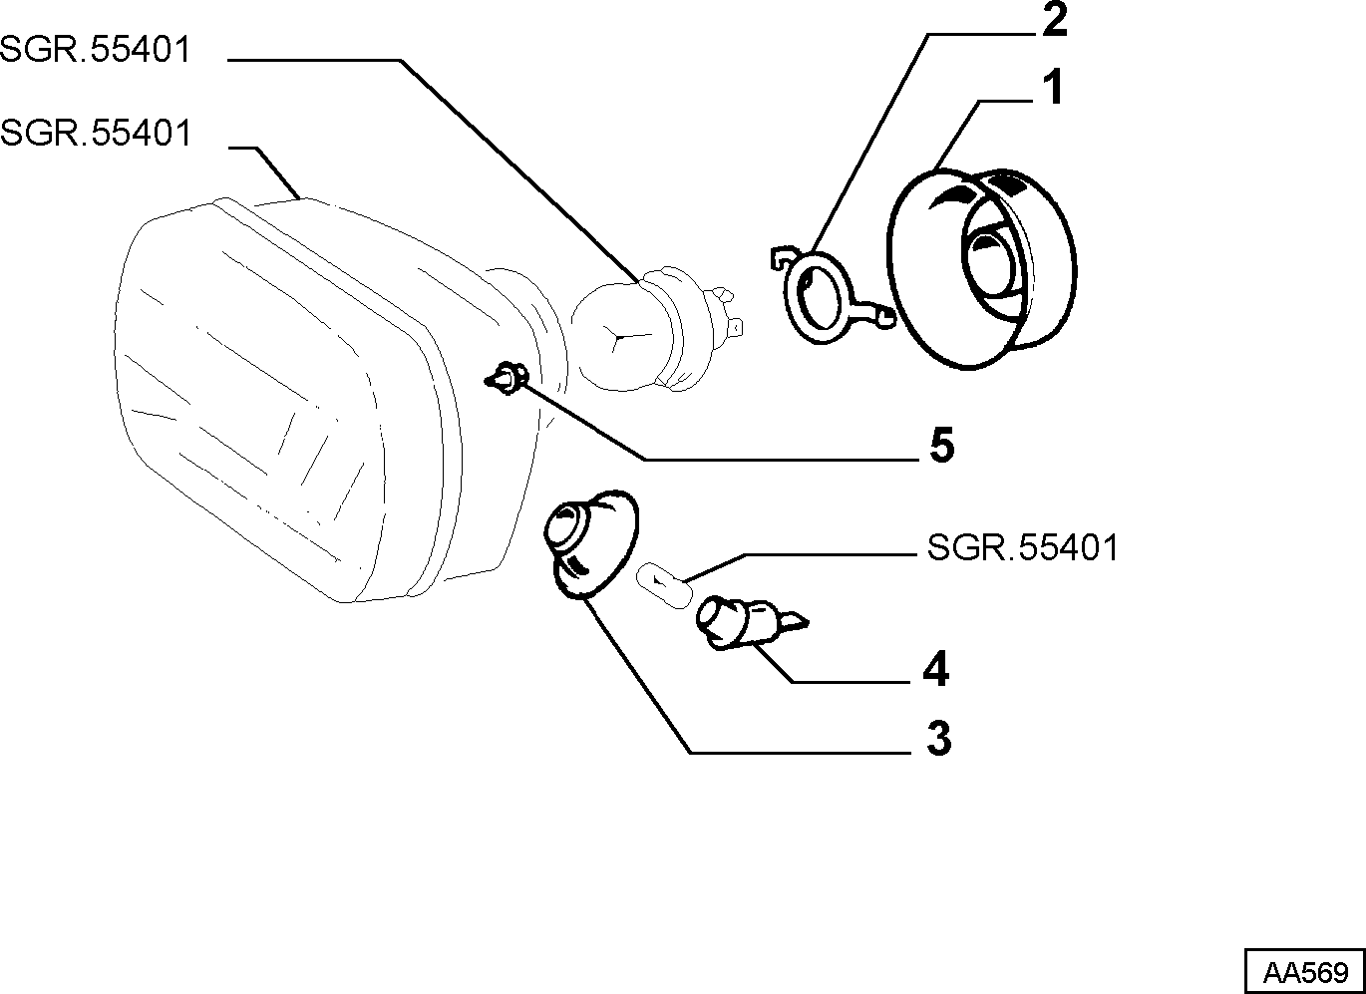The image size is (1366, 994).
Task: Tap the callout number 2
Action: [x=1054, y=20]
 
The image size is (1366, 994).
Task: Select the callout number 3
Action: [x=939, y=739]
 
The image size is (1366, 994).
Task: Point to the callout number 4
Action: [x=936, y=669]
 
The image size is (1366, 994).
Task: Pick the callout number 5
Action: [x=941, y=446]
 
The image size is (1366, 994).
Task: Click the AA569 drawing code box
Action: [x=1305, y=972]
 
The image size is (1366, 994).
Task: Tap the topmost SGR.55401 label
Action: [x=95, y=49]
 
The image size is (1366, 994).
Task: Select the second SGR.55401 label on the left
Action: [x=95, y=133]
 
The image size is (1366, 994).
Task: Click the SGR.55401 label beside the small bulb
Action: [x=1023, y=547]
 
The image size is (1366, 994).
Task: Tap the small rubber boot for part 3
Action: [x=590, y=544]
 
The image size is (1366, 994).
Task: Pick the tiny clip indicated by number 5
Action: [x=506, y=378]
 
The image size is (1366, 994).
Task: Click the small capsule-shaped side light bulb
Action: [x=665, y=585]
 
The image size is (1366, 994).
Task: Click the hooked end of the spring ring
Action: [x=781, y=256]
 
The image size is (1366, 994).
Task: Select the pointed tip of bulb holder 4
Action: [x=808, y=622]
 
